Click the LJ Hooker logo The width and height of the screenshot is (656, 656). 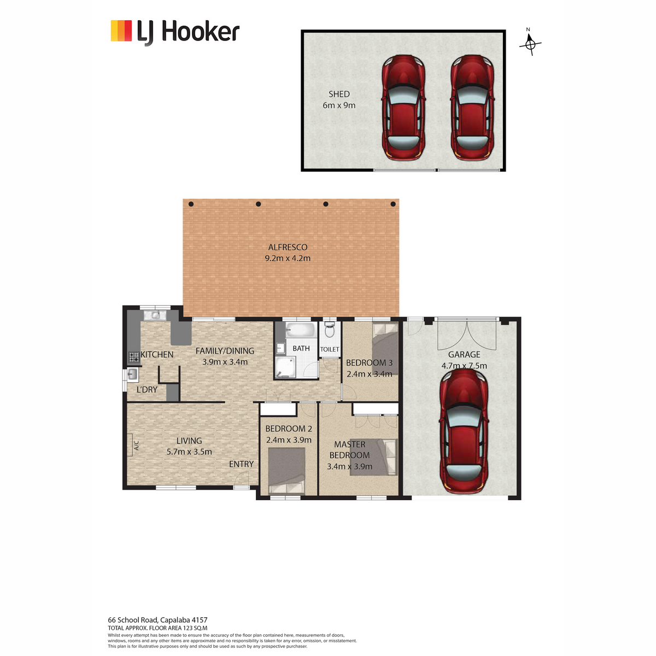click(175, 33)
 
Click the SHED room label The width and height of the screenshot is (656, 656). click(339, 94)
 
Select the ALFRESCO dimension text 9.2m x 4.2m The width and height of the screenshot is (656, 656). click(288, 259)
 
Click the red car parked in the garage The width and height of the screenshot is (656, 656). click(464, 431)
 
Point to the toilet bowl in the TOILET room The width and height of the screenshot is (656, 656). click(329, 330)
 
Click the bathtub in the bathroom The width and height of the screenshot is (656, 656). click(300, 330)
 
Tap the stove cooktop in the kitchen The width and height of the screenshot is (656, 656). click(134, 357)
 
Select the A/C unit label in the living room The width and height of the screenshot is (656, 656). click(136, 446)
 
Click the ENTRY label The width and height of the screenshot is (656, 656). click(242, 464)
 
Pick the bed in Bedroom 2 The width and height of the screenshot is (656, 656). click(286, 471)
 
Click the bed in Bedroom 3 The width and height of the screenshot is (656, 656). click(385, 344)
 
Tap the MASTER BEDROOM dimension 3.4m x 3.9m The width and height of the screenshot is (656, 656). click(349, 466)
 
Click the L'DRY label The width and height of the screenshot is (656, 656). click(147, 389)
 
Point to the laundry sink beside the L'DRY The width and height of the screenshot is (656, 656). click(132, 374)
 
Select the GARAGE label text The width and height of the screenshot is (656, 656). click(464, 354)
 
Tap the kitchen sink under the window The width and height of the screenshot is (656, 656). click(155, 315)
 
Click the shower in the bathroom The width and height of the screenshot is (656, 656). click(285, 367)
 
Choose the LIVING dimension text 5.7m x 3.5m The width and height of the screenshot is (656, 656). click(189, 452)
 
